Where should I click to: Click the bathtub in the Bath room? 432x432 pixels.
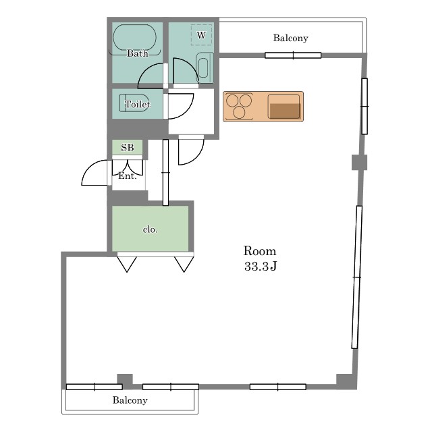pyautogui.click(x=135, y=38)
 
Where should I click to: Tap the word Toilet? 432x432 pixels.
pyautogui.click(x=138, y=104)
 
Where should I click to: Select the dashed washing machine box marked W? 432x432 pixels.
pyautogui.click(x=201, y=35)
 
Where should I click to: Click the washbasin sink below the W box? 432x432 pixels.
pyautogui.click(x=204, y=67)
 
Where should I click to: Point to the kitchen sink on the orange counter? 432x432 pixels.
pyautogui.click(x=284, y=107)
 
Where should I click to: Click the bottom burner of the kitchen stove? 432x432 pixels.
pyautogui.click(x=239, y=113)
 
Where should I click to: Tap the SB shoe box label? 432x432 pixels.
pyautogui.click(x=128, y=148)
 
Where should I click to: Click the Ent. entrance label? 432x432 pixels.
pyautogui.click(x=128, y=175)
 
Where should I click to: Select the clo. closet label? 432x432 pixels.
pyautogui.click(x=150, y=230)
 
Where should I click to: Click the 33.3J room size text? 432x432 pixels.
pyautogui.click(x=261, y=266)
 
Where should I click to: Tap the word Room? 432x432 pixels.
pyautogui.click(x=260, y=251)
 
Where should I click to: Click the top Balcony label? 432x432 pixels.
pyautogui.click(x=291, y=38)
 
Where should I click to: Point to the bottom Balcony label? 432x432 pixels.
pyautogui.click(x=130, y=400)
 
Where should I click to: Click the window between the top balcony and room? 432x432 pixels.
pyautogui.click(x=293, y=55)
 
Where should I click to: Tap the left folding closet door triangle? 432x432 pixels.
pyautogui.click(x=127, y=264)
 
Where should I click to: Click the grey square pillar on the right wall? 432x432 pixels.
pyautogui.click(x=360, y=162)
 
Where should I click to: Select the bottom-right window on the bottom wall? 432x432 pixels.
pyautogui.click(x=278, y=387)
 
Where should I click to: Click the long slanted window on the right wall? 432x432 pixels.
pyautogui.click(x=357, y=277)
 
